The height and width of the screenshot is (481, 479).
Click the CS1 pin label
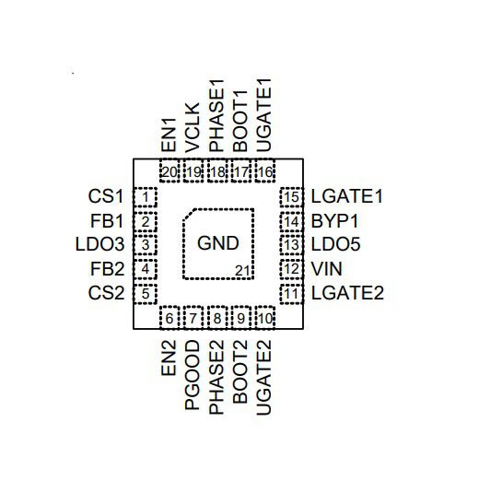(106, 196)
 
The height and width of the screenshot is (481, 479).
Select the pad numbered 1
(146, 197)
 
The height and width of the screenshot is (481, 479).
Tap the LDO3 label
(99, 244)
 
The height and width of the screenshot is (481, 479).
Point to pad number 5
(146, 294)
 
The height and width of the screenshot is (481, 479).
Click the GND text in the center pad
(218, 243)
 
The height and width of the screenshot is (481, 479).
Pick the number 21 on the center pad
(242, 271)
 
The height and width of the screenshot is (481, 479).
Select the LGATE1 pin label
(347, 196)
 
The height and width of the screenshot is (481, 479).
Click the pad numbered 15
(292, 197)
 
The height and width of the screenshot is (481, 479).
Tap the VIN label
(326, 269)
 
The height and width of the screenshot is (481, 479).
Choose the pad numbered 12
(292, 269)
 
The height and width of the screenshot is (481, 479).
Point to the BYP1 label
(334, 220)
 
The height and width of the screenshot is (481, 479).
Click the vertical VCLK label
(193, 128)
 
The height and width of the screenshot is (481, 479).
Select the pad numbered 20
(169, 170)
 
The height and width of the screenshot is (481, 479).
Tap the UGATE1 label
(263, 115)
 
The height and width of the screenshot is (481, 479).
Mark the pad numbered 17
(241, 170)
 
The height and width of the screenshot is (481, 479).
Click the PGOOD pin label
(193, 375)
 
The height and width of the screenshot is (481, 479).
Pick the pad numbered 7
(193, 317)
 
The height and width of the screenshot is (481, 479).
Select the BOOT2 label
(240, 371)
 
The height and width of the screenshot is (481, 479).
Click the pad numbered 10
(265, 317)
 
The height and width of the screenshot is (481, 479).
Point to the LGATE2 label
(347, 293)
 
